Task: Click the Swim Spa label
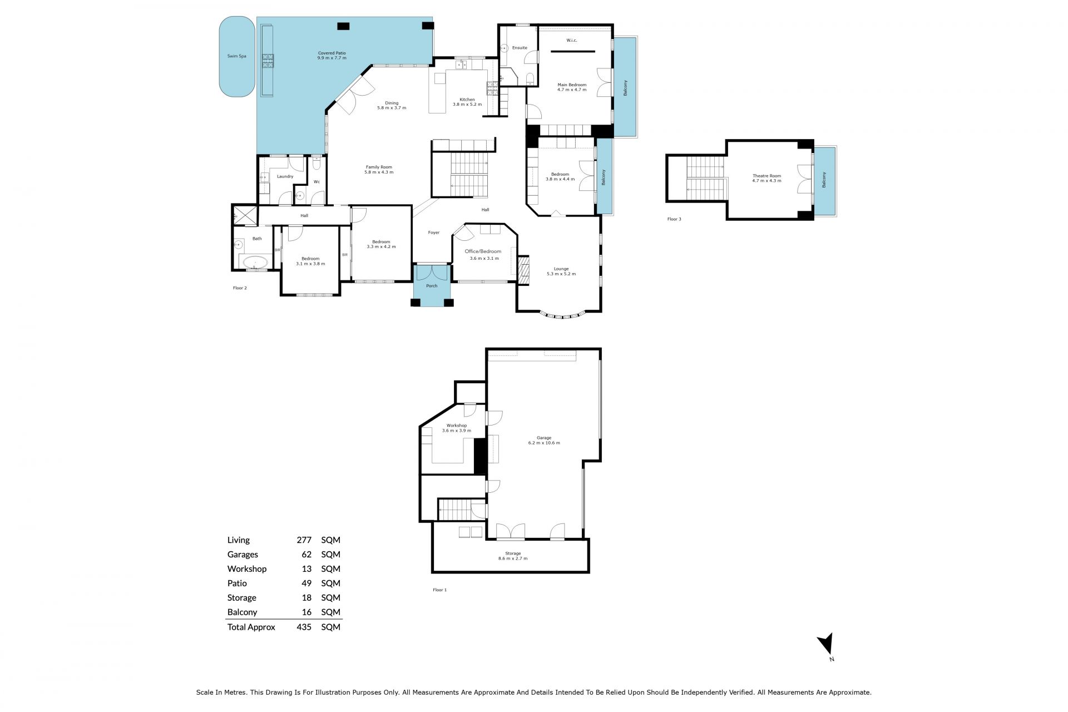236,56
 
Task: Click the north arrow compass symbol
826,644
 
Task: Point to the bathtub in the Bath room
255,262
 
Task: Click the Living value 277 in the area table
304,540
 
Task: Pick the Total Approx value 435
304,627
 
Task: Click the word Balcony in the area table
242,612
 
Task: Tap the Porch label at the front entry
432,286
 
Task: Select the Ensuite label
520,48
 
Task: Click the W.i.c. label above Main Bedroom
572,40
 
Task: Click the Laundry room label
285,176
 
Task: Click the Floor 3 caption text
674,219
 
